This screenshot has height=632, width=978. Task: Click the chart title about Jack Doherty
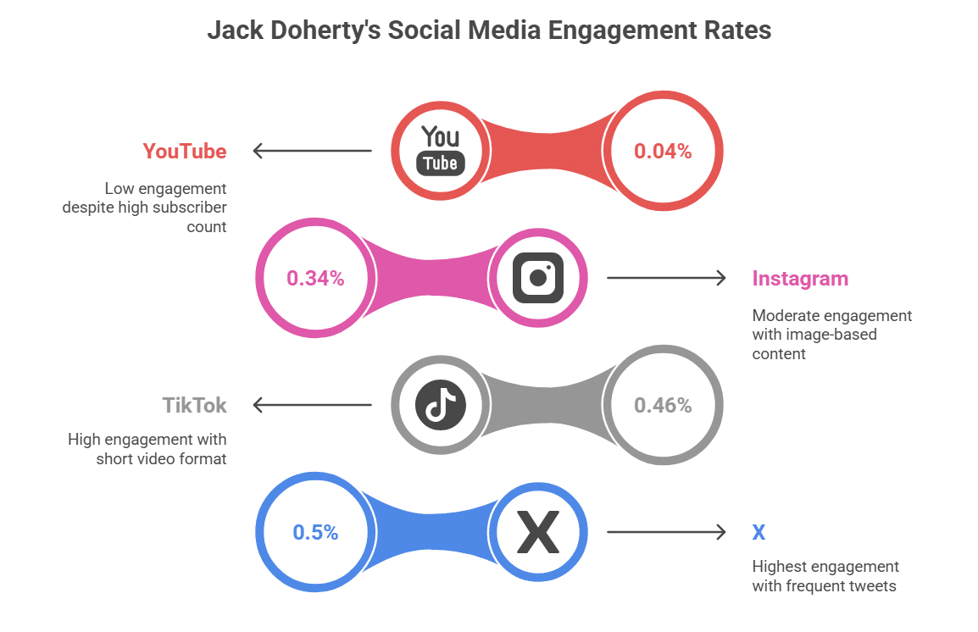(x=489, y=31)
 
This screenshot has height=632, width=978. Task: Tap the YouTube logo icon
(x=441, y=151)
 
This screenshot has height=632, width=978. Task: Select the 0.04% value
(x=663, y=151)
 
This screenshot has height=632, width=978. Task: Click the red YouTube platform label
(x=185, y=152)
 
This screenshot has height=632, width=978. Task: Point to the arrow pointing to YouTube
(x=313, y=151)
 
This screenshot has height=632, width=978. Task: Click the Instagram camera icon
(x=538, y=278)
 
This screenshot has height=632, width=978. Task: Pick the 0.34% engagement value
(x=315, y=278)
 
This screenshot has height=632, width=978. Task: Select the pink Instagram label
(x=800, y=279)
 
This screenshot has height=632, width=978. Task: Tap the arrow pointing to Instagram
(x=666, y=278)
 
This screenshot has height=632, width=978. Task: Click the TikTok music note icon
(x=441, y=405)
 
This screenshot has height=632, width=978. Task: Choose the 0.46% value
(x=663, y=405)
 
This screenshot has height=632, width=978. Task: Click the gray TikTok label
(x=195, y=406)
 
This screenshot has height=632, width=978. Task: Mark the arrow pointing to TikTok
(x=313, y=405)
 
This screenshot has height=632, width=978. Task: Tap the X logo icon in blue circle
(x=538, y=533)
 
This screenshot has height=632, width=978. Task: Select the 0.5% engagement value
(x=315, y=533)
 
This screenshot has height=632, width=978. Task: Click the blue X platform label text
(x=759, y=533)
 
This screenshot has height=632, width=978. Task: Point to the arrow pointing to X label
(x=666, y=532)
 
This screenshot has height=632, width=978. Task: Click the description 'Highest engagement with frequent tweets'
(x=825, y=576)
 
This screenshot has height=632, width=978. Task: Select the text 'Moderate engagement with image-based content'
(x=831, y=335)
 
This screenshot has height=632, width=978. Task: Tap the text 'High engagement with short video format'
(x=147, y=449)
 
